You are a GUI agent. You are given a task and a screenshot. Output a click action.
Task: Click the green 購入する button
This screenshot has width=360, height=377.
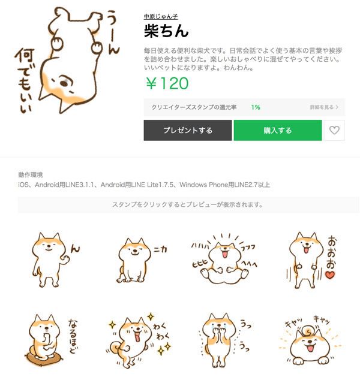click(x=277, y=130)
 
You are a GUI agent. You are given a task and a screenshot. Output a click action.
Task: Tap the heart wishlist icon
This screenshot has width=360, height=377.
click(x=334, y=130)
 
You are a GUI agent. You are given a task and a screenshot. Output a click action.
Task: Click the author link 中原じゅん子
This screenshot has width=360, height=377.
click(x=161, y=16)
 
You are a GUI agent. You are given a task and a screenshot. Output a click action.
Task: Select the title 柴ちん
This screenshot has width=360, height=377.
click(x=166, y=31)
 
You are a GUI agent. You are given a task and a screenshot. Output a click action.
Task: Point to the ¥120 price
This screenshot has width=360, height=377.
click(x=166, y=83)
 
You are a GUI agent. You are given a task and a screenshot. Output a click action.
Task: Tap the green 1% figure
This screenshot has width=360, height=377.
click(x=256, y=107)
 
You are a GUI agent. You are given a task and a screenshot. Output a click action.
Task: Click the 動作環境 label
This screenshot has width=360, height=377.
click(x=31, y=175)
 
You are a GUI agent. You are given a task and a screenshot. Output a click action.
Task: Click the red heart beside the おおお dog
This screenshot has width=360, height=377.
click(x=329, y=275)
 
